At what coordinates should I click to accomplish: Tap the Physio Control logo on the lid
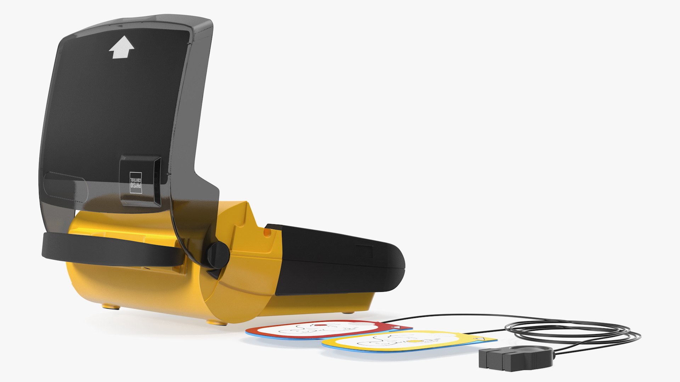coord(136,182)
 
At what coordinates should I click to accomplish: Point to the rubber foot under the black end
coord(349,312)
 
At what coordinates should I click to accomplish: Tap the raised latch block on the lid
coord(140,180)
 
